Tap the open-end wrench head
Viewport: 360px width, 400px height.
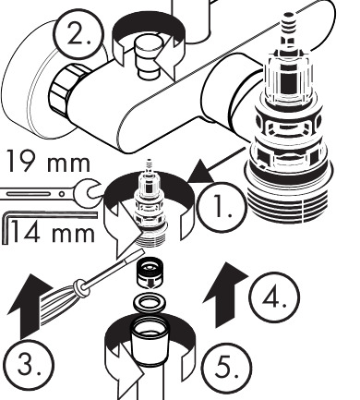(x=89, y=192)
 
